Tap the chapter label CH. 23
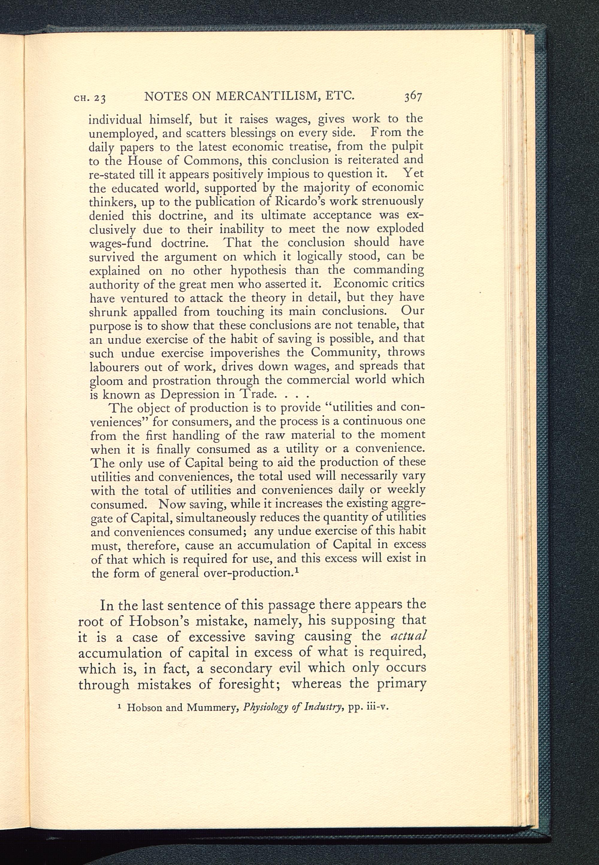[90, 98]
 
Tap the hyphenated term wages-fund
[120, 243]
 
